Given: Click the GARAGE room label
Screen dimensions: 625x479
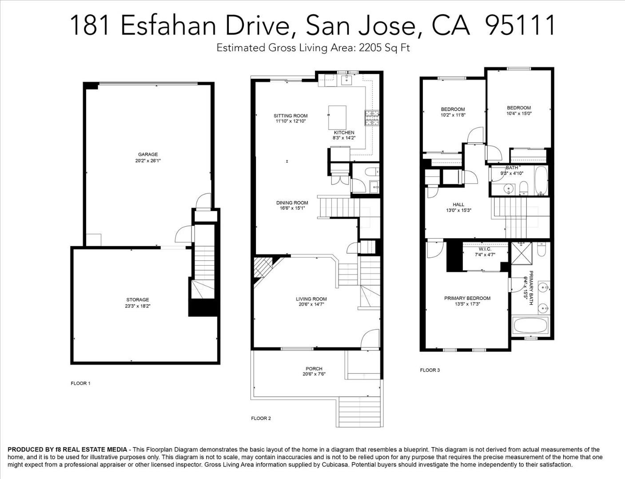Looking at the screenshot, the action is [x=148, y=154].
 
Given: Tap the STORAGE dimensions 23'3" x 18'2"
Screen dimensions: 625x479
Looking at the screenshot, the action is [x=138, y=306].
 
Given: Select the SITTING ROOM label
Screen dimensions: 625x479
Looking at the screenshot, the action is [x=291, y=116].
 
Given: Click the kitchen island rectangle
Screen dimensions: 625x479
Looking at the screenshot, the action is [x=338, y=118].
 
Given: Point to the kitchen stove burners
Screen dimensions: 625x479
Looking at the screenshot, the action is [x=372, y=118].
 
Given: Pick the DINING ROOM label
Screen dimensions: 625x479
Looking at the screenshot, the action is [x=292, y=203].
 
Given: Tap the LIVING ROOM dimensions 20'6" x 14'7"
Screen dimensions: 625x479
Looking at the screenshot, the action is [x=311, y=304].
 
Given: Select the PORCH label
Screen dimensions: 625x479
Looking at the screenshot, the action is [x=314, y=369].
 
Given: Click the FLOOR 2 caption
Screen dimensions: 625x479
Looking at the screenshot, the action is [x=261, y=418].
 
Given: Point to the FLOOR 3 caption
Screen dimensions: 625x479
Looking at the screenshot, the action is [x=430, y=370].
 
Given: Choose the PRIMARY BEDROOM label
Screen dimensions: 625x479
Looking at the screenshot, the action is [x=467, y=298].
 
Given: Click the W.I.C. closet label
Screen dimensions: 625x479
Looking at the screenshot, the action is [x=485, y=249].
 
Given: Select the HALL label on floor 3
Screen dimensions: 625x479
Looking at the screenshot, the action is [x=458, y=204].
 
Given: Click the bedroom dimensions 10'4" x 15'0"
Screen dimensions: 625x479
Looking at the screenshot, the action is [x=519, y=114].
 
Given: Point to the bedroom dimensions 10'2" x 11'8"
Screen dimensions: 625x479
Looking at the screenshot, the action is [x=453, y=115].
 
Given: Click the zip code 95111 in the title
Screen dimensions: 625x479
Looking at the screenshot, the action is [x=520, y=25].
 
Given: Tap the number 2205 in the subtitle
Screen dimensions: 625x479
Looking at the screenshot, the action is [x=370, y=47].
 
